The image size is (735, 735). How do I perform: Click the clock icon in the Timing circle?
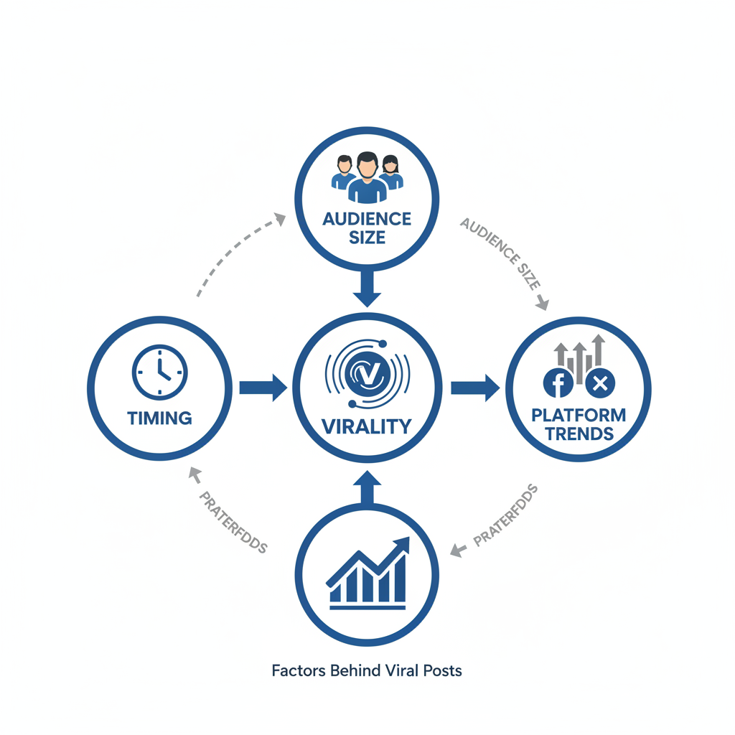pos(159,373)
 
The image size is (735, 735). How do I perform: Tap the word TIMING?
pos(159,418)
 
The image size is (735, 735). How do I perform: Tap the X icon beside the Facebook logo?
pos(600,384)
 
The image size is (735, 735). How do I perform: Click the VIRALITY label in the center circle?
pos(367,426)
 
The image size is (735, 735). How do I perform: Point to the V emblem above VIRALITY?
pos(367,372)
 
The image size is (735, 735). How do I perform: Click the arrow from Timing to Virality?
pos(262,388)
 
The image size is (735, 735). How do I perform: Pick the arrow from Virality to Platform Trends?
pos(474,388)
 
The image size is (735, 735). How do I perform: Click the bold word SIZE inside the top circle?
pos(367,238)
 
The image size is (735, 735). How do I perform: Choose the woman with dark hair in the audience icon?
pos(390,173)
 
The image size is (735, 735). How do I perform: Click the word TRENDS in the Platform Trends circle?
pos(579,433)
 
